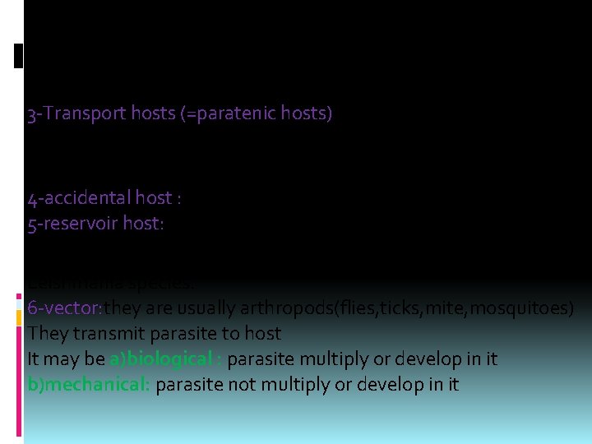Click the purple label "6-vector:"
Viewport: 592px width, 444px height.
[65, 308]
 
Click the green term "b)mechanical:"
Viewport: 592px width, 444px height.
[88, 384]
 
